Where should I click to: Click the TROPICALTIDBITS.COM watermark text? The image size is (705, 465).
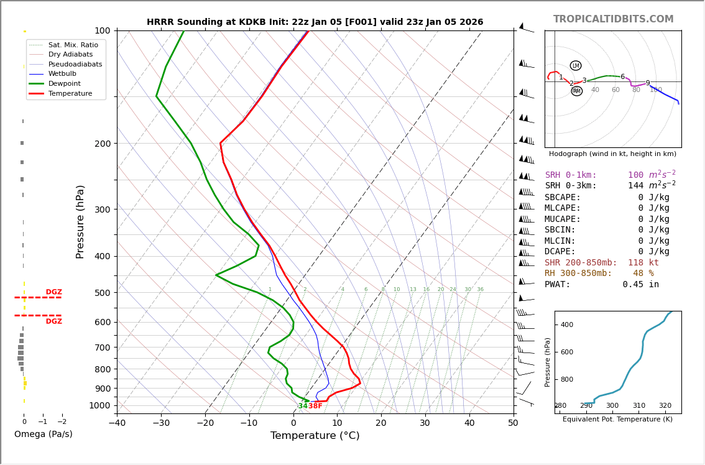click(613, 19)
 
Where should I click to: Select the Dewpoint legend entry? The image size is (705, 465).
click(70, 83)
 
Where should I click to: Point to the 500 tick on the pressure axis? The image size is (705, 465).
click(102, 293)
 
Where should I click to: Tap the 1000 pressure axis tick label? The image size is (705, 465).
click(99, 405)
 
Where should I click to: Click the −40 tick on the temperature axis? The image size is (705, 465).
click(117, 423)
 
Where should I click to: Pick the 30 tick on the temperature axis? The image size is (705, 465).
click(425, 423)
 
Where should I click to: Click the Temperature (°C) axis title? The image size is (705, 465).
click(315, 436)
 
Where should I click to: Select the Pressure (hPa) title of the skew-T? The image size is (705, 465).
click(81, 221)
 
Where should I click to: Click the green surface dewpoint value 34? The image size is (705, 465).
click(303, 406)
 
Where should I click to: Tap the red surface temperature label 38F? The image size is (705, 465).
click(315, 406)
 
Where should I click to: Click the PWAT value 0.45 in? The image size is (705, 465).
click(640, 285)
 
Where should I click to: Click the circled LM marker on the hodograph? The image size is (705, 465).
click(576, 66)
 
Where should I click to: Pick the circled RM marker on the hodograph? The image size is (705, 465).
click(577, 91)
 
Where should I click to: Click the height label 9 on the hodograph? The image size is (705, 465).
click(647, 83)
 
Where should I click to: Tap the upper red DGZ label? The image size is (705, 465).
click(54, 292)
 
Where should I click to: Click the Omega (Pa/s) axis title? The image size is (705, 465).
click(44, 435)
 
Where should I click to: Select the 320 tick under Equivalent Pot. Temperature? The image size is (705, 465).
click(665, 406)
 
